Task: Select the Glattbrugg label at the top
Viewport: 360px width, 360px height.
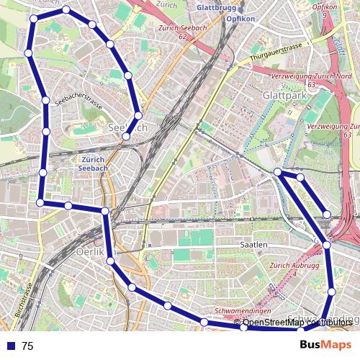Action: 215,9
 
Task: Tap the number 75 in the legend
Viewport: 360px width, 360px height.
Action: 27,346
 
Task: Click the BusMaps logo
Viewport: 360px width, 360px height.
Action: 325,345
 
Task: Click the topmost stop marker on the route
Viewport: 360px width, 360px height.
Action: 66,10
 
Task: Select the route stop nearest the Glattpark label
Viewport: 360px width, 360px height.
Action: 278,171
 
